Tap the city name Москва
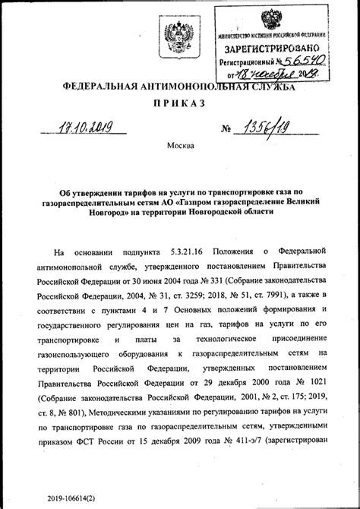coord(179,144)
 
